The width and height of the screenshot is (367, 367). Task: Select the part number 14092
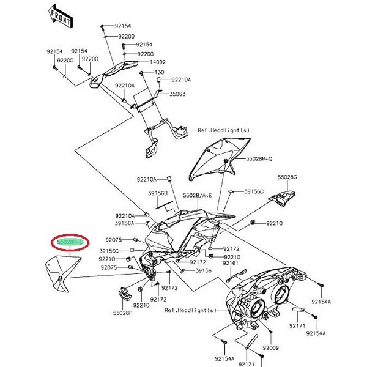[158, 62]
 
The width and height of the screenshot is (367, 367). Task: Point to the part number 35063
[177, 94]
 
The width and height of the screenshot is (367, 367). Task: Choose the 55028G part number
[286, 177]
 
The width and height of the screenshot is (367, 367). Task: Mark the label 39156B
[158, 193]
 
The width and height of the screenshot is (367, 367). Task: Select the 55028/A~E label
[197, 195]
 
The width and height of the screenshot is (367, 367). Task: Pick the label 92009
[270, 347]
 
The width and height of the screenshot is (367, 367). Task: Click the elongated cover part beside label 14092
[116, 72]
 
